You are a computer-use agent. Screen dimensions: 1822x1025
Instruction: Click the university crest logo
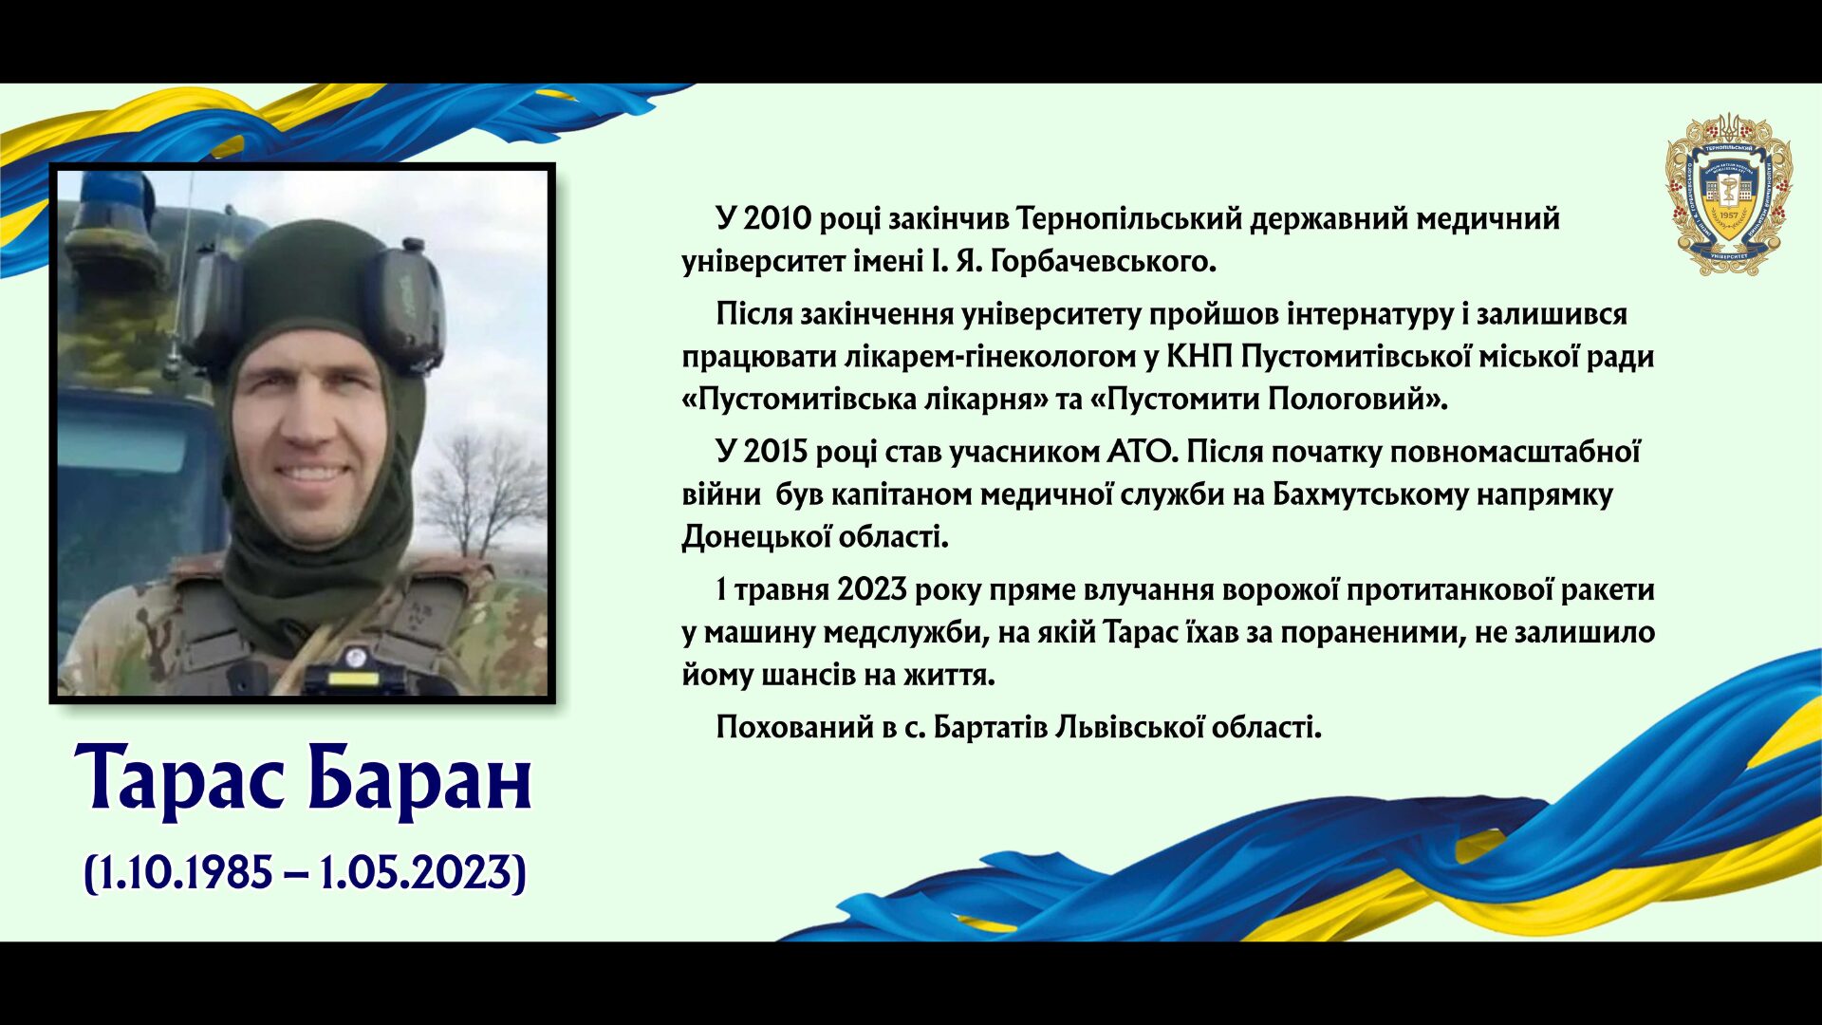[x=1729, y=195]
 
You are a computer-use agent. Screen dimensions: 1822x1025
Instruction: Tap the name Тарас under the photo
[x=179, y=779]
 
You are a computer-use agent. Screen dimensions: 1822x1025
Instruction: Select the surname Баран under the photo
[x=419, y=777]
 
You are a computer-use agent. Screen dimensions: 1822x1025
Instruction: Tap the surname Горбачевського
[x=1103, y=261]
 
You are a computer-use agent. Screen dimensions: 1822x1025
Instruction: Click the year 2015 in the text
[x=777, y=452]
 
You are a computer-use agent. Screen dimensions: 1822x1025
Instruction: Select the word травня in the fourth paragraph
[x=781, y=589]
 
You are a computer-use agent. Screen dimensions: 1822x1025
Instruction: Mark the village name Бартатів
[x=991, y=727]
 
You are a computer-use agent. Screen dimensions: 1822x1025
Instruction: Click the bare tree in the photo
[x=484, y=494]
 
